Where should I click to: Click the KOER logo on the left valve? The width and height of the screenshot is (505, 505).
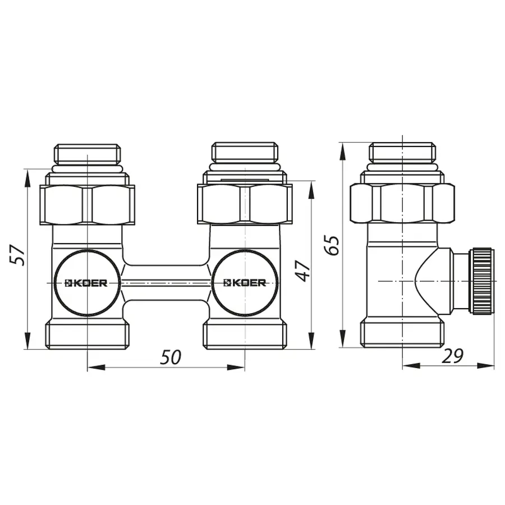point(87,283)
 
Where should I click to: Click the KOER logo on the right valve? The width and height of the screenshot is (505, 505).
point(245,283)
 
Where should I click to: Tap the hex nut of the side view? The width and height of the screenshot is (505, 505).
point(402,204)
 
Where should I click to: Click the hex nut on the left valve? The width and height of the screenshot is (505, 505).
point(88,204)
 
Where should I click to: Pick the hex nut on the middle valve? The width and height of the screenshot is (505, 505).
point(245,204)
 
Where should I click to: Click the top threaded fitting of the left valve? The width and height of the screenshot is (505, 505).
point(88,153)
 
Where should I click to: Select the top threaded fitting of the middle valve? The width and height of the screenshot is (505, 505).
point(245,153)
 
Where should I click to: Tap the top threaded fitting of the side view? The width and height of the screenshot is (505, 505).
point(402,153)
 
